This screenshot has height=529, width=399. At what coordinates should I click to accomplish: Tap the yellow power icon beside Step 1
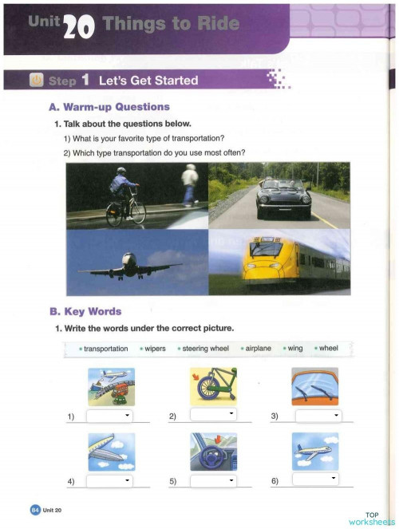click(x=36, y=80)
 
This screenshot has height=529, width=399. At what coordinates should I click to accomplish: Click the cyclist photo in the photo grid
click(x=137, y=196)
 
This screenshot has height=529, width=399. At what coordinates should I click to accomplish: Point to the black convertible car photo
click(x=279, y=196)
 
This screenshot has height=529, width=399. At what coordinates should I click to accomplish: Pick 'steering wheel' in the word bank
click(x=206, y=349)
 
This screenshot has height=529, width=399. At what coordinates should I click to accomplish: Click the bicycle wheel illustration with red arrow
click(x=213, y=387)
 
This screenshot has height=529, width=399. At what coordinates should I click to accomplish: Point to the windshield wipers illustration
click(x=315, y=387)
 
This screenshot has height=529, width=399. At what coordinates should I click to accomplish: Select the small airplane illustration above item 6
click(x=315, y=452)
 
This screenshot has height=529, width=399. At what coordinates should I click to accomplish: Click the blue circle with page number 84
click(x=34, y=509)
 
